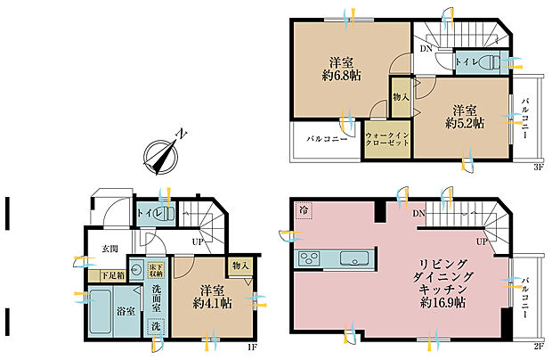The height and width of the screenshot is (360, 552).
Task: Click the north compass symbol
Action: coord(161,153)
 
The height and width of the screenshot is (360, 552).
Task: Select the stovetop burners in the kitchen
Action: coord(309,258)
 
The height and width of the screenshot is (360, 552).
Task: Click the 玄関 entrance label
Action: coord(109,248)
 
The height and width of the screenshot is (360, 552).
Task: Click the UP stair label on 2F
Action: coord(481,241)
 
